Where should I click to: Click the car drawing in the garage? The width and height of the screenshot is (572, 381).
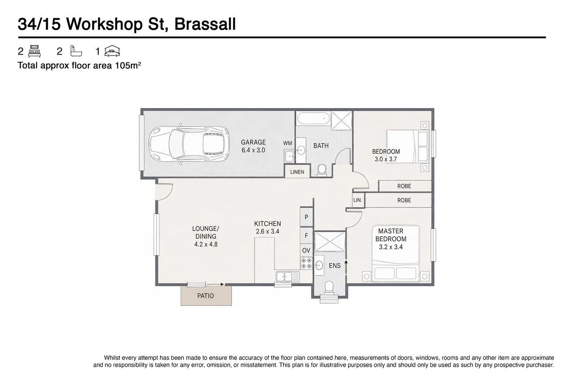pyautogui.click(x=189, y=144)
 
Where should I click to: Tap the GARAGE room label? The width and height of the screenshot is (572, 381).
pyautogui.click(x=253, y=142)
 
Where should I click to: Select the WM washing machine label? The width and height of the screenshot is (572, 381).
pyautogui.click(x=287, y=143)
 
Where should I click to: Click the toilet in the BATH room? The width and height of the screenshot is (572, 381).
pyautogui.click(x=322, y=170)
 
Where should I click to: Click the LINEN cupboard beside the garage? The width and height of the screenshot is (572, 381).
pyautogui.click(x=297, y=172)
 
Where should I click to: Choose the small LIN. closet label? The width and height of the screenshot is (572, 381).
pyautogui.click(x=358, y=200)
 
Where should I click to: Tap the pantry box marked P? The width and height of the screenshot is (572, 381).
pyautogui.click(x=307, y=217)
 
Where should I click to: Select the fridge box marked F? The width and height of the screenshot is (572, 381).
pyautogui.click(x=307, y=235)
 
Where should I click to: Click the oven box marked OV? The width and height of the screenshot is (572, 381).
pyautogui.click(x=306, y=250)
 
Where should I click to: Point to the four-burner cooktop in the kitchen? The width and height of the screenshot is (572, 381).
pyautogui.click(x=307, y=264)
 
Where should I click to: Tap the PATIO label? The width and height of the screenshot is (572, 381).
pyautogui.click(x=205, y=296)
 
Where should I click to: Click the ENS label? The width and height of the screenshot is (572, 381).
pyautogui.click(x=335, y=266)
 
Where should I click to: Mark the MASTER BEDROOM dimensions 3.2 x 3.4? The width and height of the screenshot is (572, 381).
pyautogui.click(x=391, y=247)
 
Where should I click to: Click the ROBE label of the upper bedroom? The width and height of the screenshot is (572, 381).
pyautogui.click(x=404, y=186)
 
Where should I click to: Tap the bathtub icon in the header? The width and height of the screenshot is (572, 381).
pyautogui.click(x=76, y=51)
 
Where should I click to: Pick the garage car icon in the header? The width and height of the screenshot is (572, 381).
pyautogui.click(x=112, y=51)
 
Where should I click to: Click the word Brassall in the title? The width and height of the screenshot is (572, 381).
pyautogui.click(x=205, y=24)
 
